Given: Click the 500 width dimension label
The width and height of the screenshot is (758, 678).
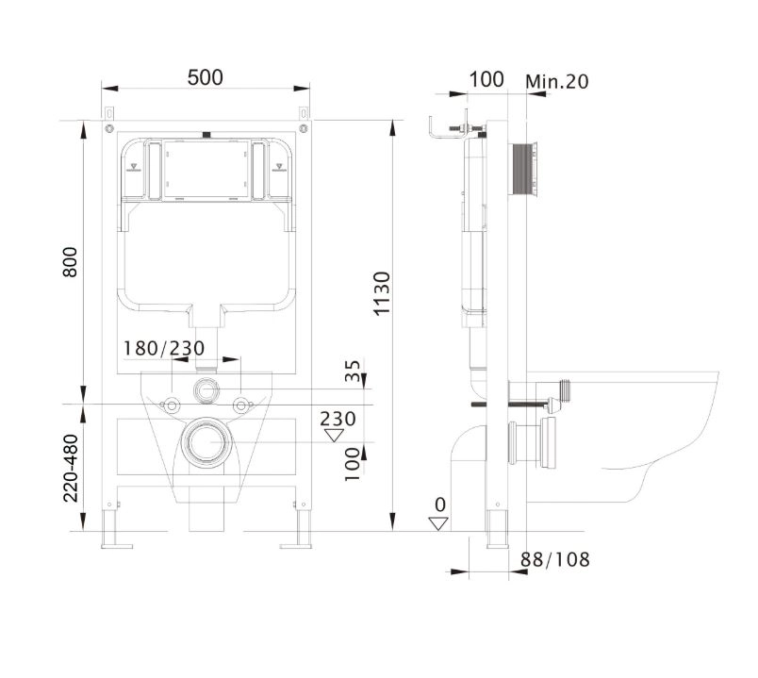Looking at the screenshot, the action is [206, 77].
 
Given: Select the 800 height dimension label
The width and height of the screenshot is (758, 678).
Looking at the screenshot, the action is [71, 261].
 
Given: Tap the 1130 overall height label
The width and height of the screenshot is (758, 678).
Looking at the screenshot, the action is [382, 293].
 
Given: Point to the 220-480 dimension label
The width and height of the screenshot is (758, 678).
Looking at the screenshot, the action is [71, 468].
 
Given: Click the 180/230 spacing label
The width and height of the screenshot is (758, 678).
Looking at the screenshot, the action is [164, 348].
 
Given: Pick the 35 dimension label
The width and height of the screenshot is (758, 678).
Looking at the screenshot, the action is [353, 371].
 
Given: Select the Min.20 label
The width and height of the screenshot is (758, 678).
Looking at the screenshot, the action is [557, 81].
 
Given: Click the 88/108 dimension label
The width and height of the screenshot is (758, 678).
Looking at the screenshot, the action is [555, 559].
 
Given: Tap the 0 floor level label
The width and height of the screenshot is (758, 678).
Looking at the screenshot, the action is [440, 504].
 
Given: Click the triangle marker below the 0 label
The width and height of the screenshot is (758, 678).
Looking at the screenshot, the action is [438, 523].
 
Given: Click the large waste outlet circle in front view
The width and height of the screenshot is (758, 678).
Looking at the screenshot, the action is [206, 442].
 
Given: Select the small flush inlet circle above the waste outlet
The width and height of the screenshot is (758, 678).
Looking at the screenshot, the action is [206, 389].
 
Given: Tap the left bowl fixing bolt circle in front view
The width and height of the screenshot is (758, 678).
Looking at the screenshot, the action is [172, 405].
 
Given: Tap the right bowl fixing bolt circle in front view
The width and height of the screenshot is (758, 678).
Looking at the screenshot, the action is [241, 405].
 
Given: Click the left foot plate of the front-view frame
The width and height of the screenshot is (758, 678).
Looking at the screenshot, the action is [117, 547].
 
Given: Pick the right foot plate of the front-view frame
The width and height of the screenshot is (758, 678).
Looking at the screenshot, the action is [296, 547].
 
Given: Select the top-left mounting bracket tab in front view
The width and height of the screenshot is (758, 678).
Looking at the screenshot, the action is [109, 113].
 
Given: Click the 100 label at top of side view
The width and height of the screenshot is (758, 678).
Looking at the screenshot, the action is [486, 79].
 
